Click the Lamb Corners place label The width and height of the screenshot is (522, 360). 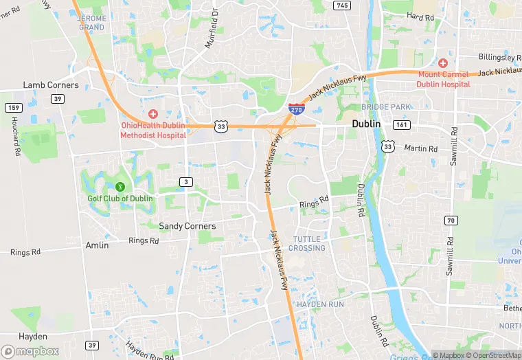coord(51,85)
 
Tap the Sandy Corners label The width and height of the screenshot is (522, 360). coord(187,226)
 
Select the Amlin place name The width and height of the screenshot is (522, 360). coord(97,245)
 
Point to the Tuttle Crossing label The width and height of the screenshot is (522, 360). coord(307,243)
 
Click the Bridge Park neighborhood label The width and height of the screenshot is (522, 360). coord(387,107)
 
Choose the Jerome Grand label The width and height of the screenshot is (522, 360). coord(92,23)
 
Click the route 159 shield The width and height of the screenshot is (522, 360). coord(13,108)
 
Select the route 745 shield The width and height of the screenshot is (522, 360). coord(341,5)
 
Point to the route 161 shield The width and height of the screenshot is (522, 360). coord(402,125)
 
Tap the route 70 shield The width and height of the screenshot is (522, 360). coord(451,221)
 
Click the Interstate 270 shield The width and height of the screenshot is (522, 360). coord(297,107)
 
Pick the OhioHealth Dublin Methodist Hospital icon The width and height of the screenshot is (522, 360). coord(152,113)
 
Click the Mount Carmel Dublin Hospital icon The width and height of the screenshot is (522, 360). coord(443,63)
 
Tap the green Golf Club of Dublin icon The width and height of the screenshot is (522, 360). coord(120,186)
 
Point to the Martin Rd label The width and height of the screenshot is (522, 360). coord(420,148)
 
